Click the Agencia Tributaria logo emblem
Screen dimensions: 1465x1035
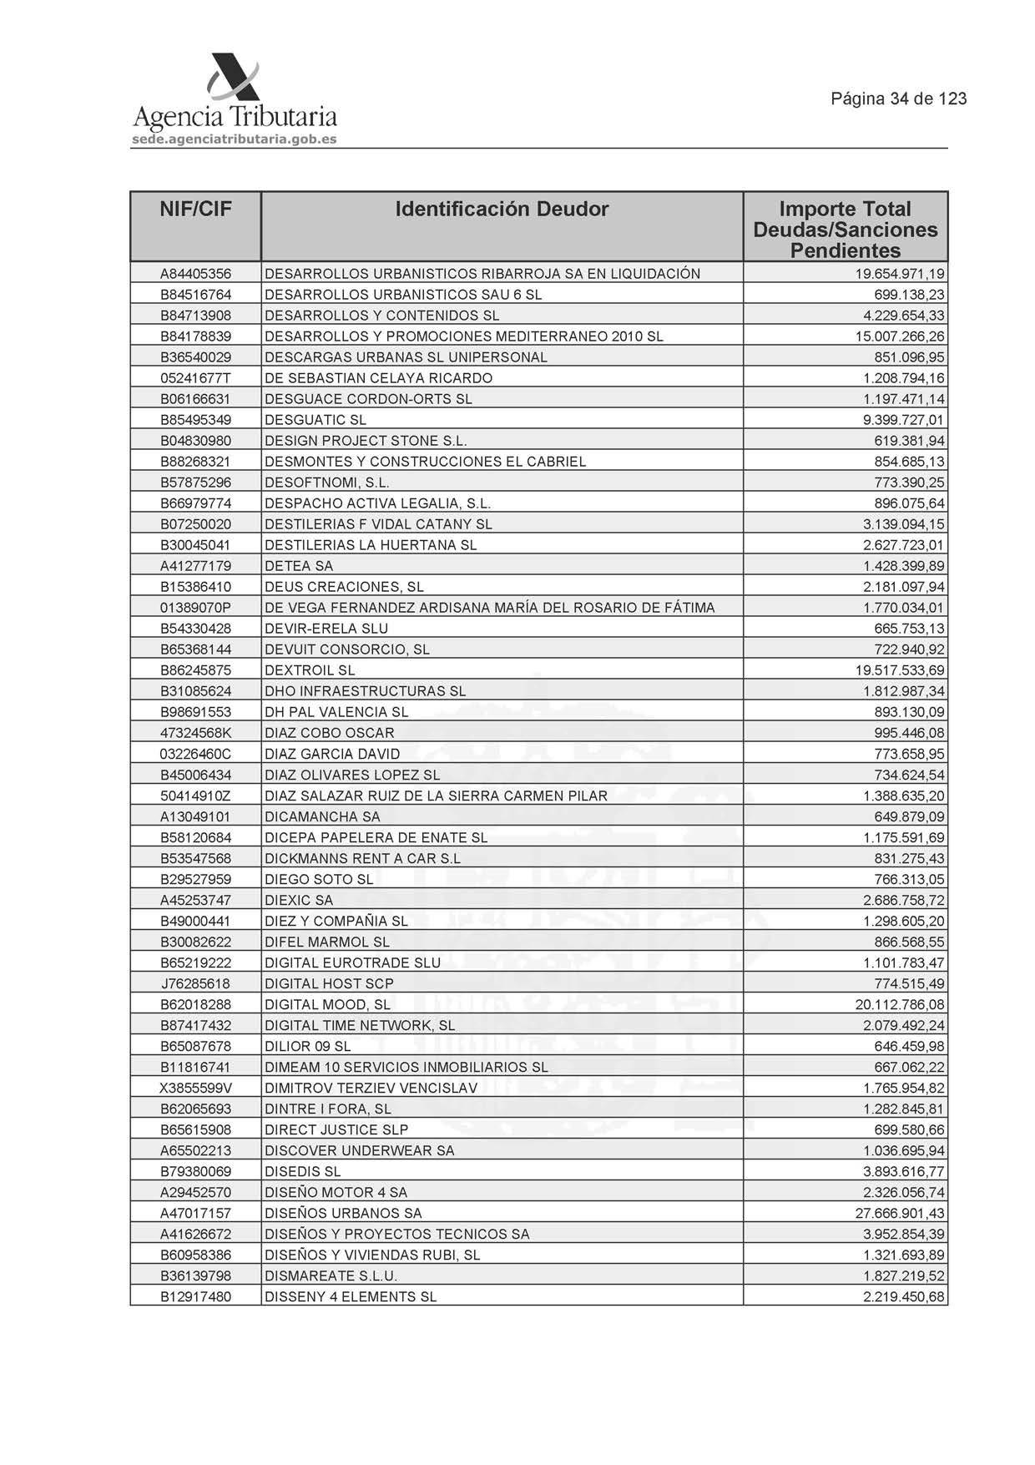233,77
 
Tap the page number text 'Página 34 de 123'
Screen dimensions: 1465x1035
898,99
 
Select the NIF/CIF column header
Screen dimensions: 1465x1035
195,210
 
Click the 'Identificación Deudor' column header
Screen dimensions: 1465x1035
502,210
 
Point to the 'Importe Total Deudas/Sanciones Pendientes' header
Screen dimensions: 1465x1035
845,230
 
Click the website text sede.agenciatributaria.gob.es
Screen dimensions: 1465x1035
235,139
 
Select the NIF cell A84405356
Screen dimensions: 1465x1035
195,274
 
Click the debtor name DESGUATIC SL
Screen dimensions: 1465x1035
316,420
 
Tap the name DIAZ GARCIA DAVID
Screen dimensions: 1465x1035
332,754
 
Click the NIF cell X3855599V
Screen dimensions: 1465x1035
195,1088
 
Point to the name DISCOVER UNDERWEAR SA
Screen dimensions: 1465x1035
360,1150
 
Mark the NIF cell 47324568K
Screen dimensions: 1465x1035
195,733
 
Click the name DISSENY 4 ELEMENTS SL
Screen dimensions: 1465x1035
351,1296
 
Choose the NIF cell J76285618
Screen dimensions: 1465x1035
195,983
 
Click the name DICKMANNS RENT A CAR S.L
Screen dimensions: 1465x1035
362,858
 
